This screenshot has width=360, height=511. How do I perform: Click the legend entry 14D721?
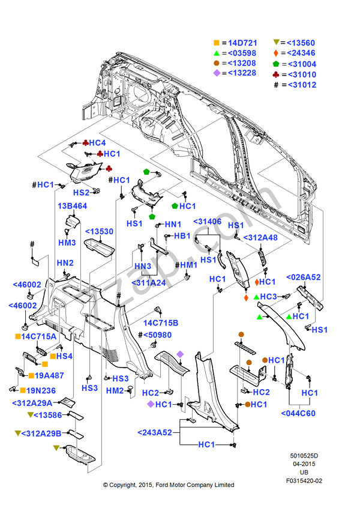pyautogui.click(x=243, y=43)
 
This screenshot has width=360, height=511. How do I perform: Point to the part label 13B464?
pyautogui.click(x=73, y=206)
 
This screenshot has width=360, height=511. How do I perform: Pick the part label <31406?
pyautogui.click(x=207, y=222)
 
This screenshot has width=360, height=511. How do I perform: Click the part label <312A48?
pyautogui.click(x=262, y=237)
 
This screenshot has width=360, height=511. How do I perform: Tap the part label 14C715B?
pyautogui.click(x=160, y=323)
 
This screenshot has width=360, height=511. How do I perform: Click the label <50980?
pyautogui.click(x=157, y=334)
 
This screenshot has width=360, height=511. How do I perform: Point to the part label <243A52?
pyautogui.click(x=155, y=432)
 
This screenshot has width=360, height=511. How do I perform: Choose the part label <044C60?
pyautogui.click(x=298, y=413)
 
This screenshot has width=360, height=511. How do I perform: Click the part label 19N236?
pyautogui.click(x=43, y=390)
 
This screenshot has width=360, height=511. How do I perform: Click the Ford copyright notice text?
pyautogui.click(x=169, y=485)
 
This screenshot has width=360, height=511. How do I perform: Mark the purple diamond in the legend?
pyautogui.click(x=216, y=74)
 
